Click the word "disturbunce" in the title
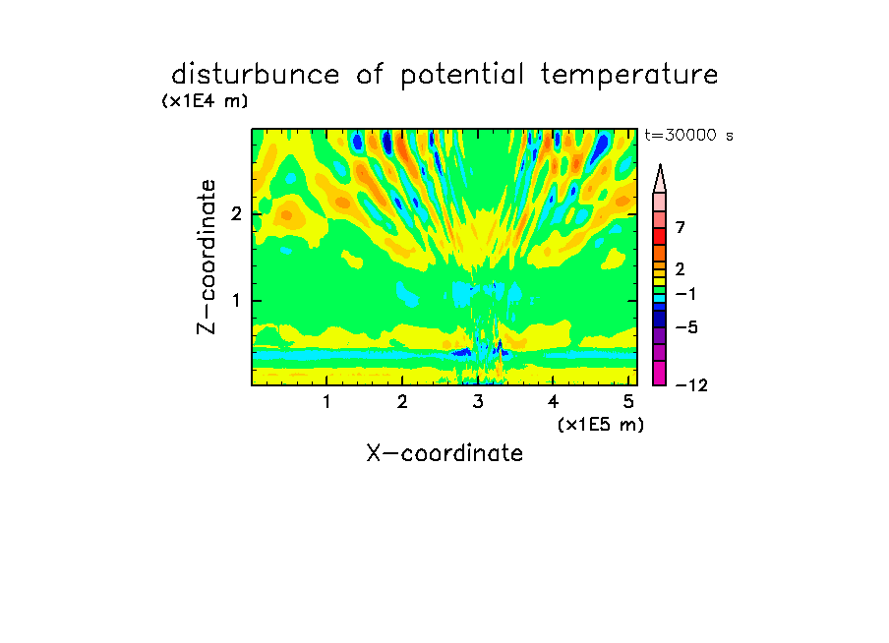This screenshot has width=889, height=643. point(255,75)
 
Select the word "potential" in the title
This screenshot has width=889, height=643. point(462,76)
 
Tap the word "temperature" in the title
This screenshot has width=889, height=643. point(629,76)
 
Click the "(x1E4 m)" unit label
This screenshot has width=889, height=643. point(205,101)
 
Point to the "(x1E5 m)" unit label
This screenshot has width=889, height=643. point(601,425)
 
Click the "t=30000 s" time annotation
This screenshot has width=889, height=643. point(688,135)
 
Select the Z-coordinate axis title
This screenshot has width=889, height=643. point(207,257)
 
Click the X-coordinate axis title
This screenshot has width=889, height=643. point(444,453)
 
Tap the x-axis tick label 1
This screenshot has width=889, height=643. point(326,402)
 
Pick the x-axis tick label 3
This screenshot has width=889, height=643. point(477,402)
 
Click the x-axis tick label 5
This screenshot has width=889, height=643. point(628,402)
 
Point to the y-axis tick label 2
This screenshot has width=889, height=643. point(236,214)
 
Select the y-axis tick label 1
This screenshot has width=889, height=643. point(236,301)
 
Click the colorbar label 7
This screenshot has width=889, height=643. point(681,228)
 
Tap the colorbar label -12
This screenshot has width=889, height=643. point(691,385)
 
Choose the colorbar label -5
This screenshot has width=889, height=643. point(686,327)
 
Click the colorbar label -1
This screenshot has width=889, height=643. point(685,294)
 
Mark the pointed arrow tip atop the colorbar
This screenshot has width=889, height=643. point(660,165)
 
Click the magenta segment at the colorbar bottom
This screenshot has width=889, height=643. point(660,373)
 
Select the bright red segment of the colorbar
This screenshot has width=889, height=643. point(660,236)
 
